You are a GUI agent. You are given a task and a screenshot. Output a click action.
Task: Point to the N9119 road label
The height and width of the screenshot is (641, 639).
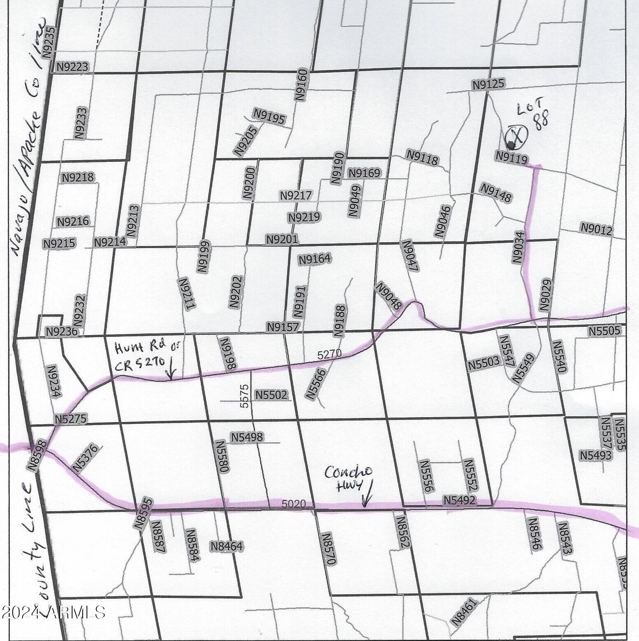tap(512, 156)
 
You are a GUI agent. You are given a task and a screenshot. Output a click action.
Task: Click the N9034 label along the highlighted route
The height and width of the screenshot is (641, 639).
tap(519, 247)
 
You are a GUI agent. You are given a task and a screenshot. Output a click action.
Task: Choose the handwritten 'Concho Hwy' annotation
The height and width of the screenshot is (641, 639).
tap(348, 478)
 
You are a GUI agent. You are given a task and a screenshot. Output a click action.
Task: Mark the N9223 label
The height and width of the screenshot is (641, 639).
tap(72, 67)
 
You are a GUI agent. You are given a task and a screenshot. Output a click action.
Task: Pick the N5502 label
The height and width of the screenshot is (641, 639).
tap(271, 395)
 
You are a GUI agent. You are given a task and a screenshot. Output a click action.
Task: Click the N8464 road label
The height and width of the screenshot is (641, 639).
tap(227, 546)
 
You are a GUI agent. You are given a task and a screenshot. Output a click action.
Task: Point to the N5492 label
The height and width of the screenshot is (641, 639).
tap(459, 500)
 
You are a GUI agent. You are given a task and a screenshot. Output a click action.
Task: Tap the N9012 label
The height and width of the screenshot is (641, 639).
tap(596, 229)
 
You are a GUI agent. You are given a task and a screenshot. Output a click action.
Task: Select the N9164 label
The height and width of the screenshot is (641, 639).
tap(315, 259)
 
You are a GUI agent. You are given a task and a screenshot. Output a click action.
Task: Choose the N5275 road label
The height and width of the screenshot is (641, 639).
tap(71, 419)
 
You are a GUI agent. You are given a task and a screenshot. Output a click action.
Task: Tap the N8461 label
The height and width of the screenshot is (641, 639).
tap(465, 612)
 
